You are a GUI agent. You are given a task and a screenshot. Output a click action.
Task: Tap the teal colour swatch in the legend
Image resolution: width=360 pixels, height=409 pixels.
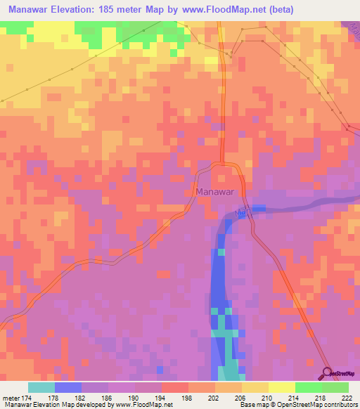41,387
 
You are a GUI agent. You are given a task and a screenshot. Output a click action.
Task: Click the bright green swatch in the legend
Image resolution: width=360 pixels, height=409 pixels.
308,387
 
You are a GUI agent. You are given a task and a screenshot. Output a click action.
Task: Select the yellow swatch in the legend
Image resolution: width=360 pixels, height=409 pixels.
281,387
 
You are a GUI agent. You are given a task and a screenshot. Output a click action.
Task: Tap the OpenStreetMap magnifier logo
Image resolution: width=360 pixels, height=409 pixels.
328,373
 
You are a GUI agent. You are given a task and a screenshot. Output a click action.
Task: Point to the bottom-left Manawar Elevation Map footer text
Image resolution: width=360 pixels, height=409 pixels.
84,405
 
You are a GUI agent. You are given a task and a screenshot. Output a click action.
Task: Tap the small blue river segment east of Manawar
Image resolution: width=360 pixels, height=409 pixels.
259,208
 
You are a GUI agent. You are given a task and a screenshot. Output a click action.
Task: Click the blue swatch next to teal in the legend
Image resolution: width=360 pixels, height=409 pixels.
67,387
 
